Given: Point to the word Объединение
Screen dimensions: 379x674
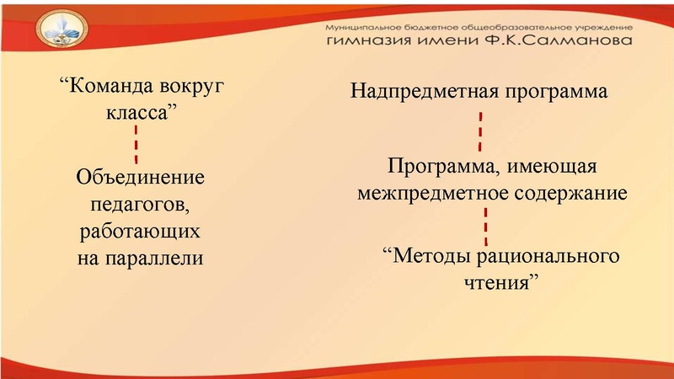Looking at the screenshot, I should (x=140, y=179).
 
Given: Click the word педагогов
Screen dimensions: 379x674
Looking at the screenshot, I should (x=140, y=205).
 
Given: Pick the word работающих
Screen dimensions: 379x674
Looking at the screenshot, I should (x=140, y=231).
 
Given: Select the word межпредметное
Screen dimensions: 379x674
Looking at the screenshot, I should (x=431, y=193).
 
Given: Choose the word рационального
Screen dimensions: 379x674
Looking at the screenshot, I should (x=550, y=255).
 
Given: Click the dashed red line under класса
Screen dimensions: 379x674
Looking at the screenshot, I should (x=136, y=146).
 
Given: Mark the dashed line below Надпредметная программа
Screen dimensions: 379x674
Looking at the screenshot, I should (x=479, y=127).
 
